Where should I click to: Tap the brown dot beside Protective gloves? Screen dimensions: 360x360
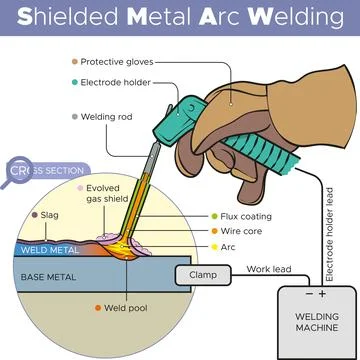[x=74, y=61]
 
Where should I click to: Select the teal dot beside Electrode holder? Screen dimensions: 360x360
[x=74, y=79]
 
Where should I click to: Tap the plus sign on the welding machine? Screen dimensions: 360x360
[x=322, y=294]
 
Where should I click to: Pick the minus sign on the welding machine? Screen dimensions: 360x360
[x=307, y=294]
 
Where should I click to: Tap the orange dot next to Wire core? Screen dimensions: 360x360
[x=213, y=232]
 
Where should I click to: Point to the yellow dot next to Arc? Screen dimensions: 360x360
[x=213, y=246]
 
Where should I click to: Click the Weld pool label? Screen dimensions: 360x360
[x=126, y=308]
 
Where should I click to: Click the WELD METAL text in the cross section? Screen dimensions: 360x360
[x=49, y=249]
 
